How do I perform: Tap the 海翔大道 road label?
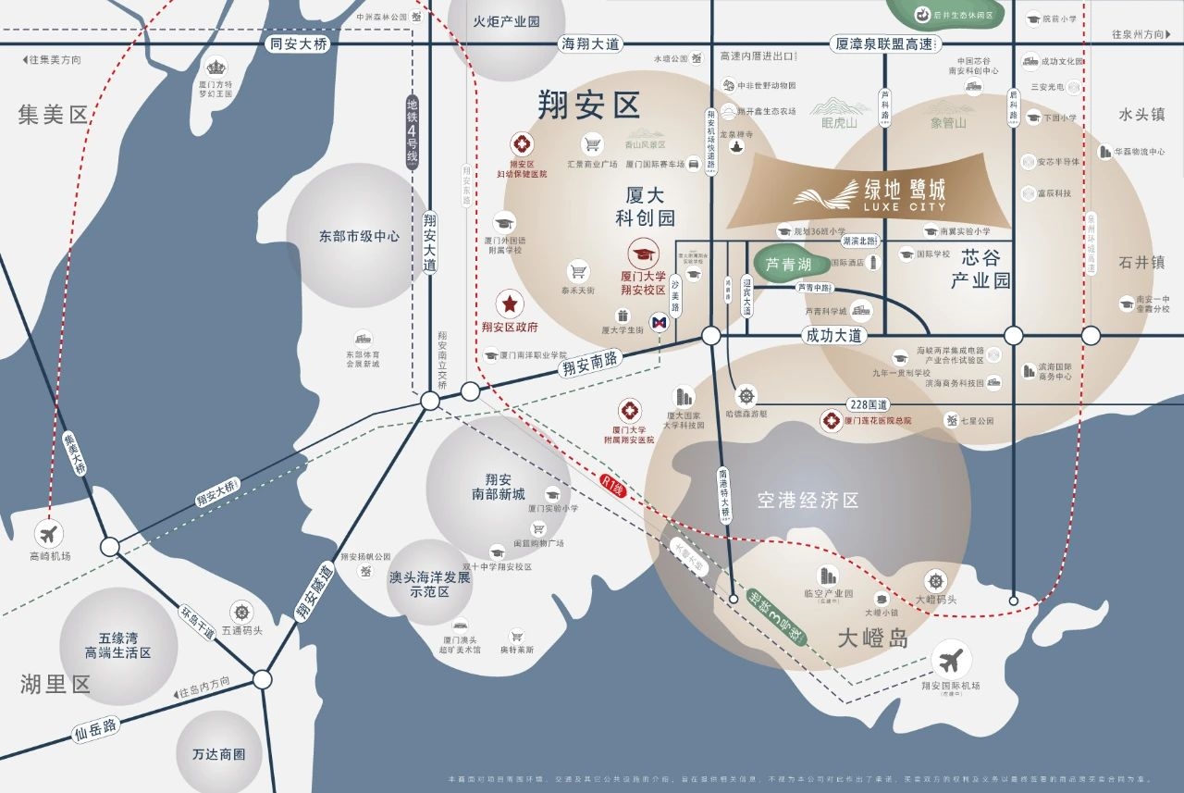point(591,43)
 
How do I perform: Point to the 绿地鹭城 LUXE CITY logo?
point(869,194)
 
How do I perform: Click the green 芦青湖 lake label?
point(787,265)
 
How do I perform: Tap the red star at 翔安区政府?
point(509,304)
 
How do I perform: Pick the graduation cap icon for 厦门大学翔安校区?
point(643,253)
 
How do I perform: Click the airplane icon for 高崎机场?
point(49,534)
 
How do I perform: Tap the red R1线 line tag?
point(610,482)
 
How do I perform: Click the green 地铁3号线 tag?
point(775,619)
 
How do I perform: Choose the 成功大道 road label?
point(833,335)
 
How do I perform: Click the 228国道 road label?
point(868,404)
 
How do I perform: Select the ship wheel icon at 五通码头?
point(242,612)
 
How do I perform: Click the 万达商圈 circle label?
point(219,754)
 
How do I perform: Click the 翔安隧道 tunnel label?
point(314,592)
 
